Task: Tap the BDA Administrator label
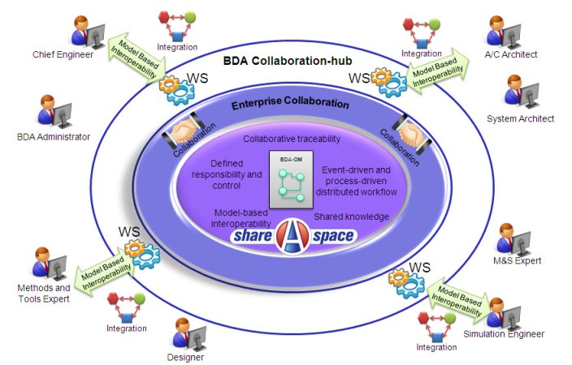[53, 137]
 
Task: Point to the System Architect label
[520, 119]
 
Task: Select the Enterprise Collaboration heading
[290, 105]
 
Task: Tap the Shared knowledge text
[351, 217]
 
